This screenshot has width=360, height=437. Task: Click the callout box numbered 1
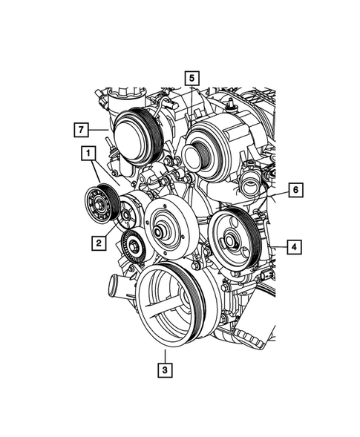[88, 154]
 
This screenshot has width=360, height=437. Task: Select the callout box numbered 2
[97, 241]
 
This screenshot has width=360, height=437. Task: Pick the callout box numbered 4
[294, 247]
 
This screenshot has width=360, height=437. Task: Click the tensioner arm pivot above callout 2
[128, 216]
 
